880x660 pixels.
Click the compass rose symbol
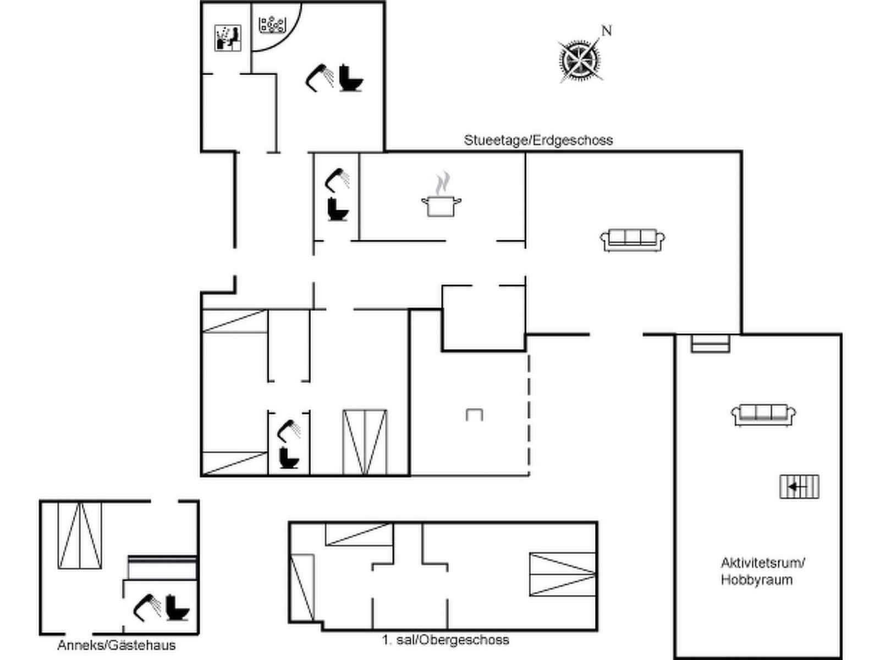click(579, 59)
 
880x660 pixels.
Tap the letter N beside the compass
click(606, 31)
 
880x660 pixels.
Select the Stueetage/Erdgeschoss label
click(538, 140)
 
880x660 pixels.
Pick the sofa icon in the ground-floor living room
click(632, 240)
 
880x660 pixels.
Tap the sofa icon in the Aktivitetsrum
click(763, 415)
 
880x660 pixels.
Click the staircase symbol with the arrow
click(799, 487)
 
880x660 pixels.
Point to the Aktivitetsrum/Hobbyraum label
click(762, 571)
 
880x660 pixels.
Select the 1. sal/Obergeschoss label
click(446, 640)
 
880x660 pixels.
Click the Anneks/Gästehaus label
click(117, 645)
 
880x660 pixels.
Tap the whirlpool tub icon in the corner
click(273, 25)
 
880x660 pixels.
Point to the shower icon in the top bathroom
click(320, 78)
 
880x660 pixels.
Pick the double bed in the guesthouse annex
click(80, 535)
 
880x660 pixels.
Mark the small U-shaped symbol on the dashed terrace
click(474, 415)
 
